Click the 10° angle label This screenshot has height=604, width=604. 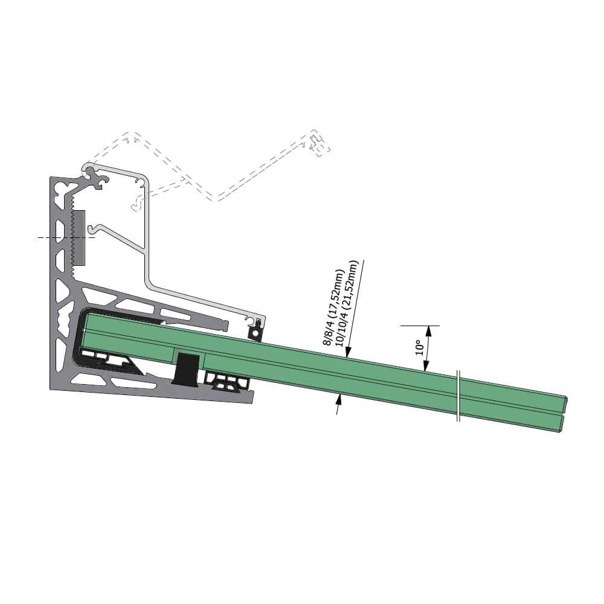point(420,347)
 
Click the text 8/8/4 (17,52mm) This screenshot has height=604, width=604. point(333,307)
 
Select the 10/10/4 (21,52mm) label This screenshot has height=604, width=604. point(347,304)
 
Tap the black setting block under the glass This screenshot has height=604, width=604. point(187,368)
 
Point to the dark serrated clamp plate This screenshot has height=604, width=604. point(78,237)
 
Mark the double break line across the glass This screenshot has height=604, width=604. point(458,396)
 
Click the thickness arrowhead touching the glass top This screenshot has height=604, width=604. point(347,352)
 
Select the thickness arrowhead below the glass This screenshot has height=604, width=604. point(339,399)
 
